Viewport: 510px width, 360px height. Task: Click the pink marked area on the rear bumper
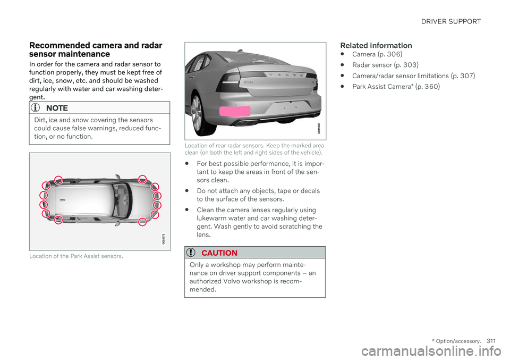pos(235,111)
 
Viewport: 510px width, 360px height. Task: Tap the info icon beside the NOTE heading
pos(35,107)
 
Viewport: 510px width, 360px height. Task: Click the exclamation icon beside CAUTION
pos(191,252)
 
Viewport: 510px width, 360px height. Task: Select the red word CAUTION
pos(219,253)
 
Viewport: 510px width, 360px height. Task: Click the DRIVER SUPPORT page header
pos(451,21)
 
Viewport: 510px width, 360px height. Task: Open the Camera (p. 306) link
pos(377,54)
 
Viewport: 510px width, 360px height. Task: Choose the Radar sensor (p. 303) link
pos(385,65)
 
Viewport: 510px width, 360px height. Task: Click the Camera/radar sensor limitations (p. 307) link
pos(413,76)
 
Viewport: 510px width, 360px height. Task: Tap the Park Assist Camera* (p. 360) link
pos(396,87)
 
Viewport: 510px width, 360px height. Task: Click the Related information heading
pos(376,45)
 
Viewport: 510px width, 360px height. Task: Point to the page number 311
pos(491,341)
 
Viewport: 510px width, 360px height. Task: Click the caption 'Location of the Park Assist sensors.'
pos(76,256)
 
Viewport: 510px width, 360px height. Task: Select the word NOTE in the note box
pos(57,108)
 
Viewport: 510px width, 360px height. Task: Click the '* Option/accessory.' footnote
pos(456,341)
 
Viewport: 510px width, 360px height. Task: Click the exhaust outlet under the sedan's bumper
pos(244,123)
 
